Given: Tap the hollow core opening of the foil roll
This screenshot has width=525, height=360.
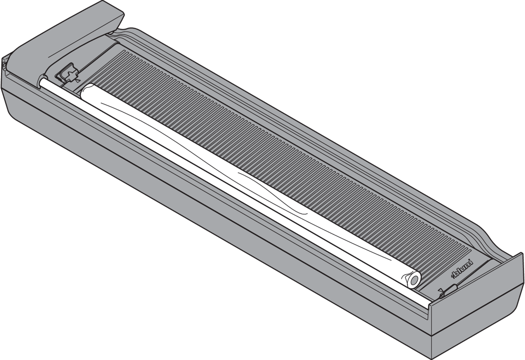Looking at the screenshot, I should [x=414, y=281].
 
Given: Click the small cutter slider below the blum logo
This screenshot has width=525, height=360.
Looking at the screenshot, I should [x=448, y=291].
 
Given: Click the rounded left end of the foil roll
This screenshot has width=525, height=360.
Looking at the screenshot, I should [x=84, y=91].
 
